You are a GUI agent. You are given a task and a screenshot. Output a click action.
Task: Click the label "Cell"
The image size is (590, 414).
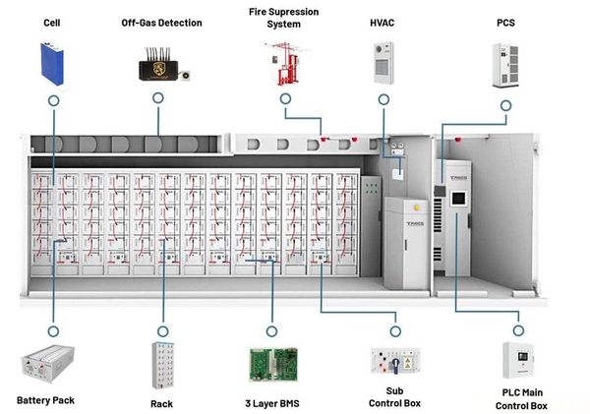[52, 21]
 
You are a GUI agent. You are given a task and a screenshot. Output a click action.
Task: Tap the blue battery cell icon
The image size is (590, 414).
[53, 61]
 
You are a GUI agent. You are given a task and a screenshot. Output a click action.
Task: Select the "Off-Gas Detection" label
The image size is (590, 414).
[161, 21]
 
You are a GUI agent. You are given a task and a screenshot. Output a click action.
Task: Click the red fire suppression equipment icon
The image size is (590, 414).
[283, 60]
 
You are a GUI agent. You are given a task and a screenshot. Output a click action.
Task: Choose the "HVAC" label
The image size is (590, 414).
[383, 21]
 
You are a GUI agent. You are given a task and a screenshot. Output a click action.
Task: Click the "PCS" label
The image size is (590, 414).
[506, 21]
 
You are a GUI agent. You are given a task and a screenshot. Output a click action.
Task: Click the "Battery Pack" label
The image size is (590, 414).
[45, 400]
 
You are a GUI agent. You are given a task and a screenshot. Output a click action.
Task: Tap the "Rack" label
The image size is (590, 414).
[162, 402]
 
